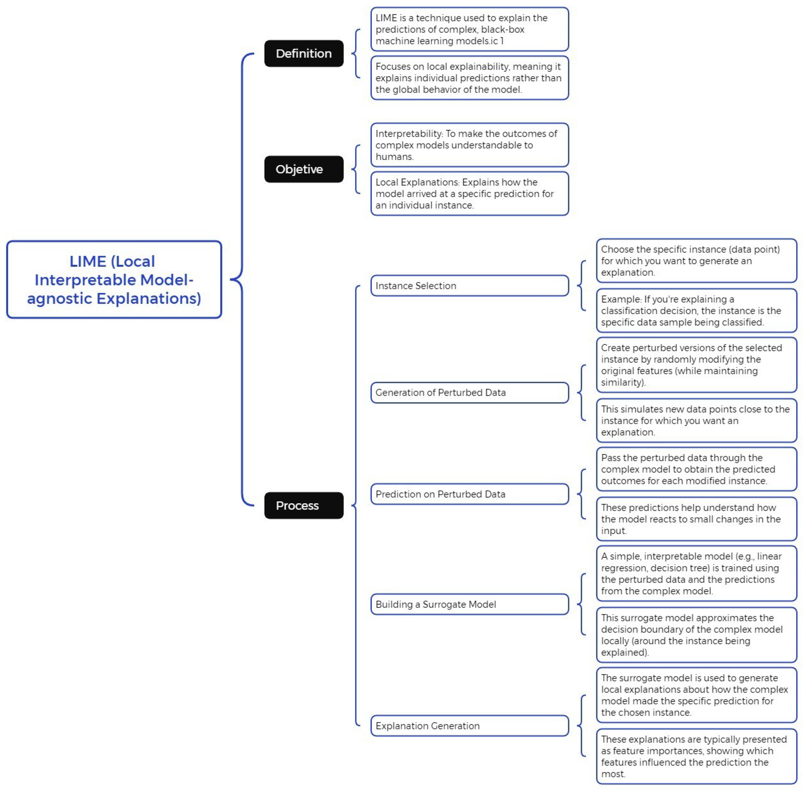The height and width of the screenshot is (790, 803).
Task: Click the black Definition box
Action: tap(304, 54)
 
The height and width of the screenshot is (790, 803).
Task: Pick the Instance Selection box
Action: tap(469, 286)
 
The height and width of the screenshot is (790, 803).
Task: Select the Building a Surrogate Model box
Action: tap(469, 604)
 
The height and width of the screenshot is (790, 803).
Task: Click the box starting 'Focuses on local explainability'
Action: tap(469, 78)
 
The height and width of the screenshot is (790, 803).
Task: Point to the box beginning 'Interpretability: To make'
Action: tap(469, 145)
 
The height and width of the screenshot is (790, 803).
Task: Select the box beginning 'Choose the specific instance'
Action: tap(696, 260)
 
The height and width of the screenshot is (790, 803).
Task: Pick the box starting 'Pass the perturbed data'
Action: tap(696, 469)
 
